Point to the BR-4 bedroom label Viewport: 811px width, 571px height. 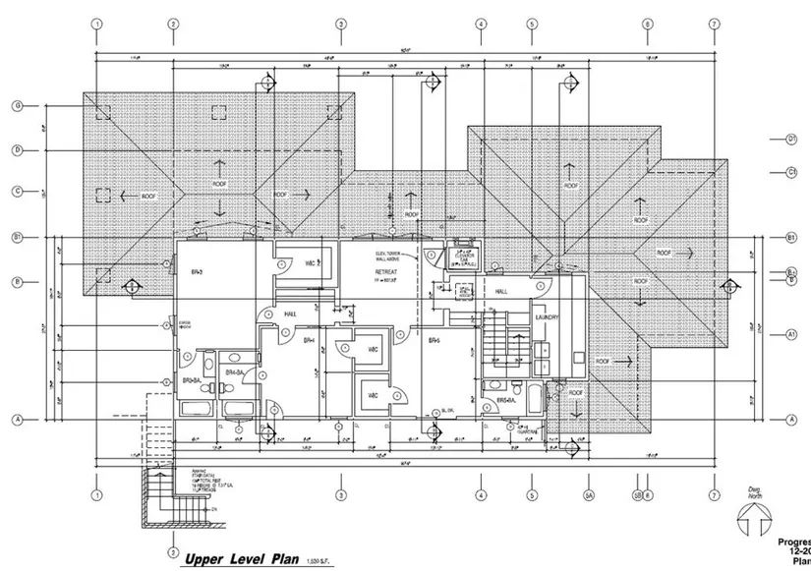point(308,341)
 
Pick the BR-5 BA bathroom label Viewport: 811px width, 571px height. point(506,400)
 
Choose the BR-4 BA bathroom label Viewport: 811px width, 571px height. point(234,373)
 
